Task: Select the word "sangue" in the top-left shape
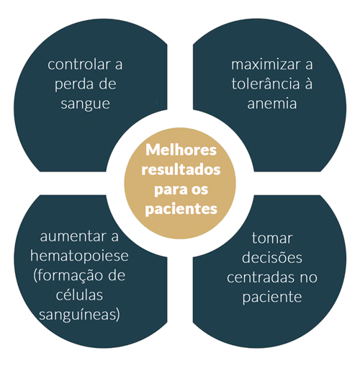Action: tap(85, 104)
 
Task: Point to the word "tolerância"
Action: tap(266, 84)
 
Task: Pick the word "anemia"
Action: tap(272, 104)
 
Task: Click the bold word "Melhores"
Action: tap(181, 150)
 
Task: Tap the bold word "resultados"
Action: tap(181, 169)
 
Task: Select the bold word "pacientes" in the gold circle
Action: tap(181, 209)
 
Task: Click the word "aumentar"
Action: tap(72, 236)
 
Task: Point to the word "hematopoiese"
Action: tap(79, 256)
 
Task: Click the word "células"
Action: tap(79, 295)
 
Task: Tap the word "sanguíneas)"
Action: tap(79, 315)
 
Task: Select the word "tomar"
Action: tap(272, 238)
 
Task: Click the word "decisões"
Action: tap(272, 258)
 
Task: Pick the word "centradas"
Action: tap(261, 277)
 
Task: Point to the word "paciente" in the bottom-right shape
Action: tap(272, 298)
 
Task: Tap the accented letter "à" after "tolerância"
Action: tap(309, 84)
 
